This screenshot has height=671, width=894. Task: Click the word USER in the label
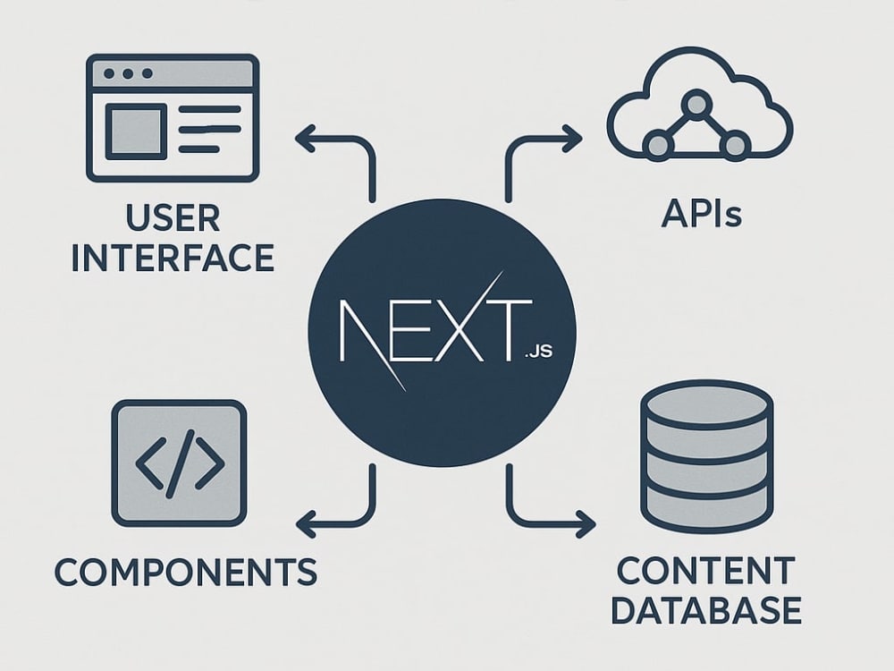pyautogui.click(x=173, y=217)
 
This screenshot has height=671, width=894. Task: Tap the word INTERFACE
pyautogui.click(x=173, y=258)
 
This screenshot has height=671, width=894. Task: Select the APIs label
pyautogui.click(x=702, y=214)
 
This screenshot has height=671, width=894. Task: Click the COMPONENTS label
pyautogui.click(x=186, y=572)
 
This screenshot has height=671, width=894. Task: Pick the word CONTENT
pyautogui.click(x=706, y=570)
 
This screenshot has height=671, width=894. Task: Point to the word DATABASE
pyautogui.click(x=706, y=609)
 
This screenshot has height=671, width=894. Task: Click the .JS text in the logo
pyautogui.click(x=537, y=351)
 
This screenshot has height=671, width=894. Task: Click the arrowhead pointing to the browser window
pyautogui.click(x=305, y=139)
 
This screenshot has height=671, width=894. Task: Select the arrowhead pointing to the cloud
pyautogui.click(x=572, y=139)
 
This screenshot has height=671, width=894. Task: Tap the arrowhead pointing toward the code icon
pyautogui.click(x=306, y=523)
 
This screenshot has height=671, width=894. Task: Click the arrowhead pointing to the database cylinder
pyautogui.click(x=586, y=523)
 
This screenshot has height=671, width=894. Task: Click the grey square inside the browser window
pyautogui.click(x=136, y=132)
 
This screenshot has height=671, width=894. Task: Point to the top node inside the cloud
pyautogui.click(x=696, y=105)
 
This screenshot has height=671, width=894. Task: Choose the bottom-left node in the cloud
pyautogui.click(x=658, y=144)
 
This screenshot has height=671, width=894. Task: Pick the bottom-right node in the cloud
pyautogui.click(x=735, y=144)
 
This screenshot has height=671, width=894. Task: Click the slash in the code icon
pyautogui.click(x=181, y=463)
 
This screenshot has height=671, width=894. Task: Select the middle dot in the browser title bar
pyautogui.click(x=128, y=73)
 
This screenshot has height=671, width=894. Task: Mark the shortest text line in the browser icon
pyautogui.click(x=199, y=149)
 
